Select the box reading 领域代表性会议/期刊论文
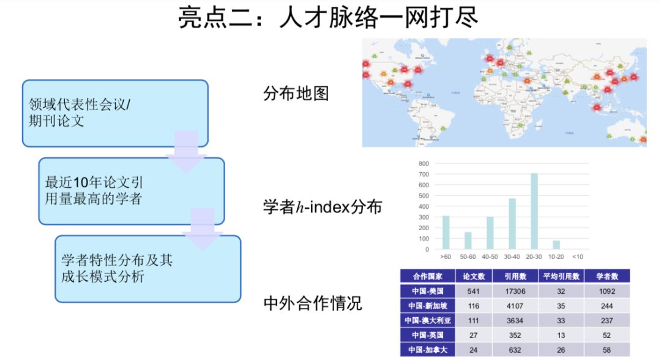[x=115, y=113]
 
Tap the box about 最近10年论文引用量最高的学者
[x=132, y=190]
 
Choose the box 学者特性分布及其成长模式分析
[x=148, y=268]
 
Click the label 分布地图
[x=296, y=94]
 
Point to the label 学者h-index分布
[x=322, y=207]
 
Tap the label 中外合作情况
[x=312, y=302]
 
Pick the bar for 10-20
[x=556, y=245]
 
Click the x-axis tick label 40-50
[x=490, y=257]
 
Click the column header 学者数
[x=607, y=276]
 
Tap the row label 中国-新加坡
[x=428, y=306]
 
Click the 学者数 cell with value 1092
[x=607, y=291]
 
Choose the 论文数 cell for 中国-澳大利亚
[x=472, y=320]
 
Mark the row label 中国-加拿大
[x=428, y=350]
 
